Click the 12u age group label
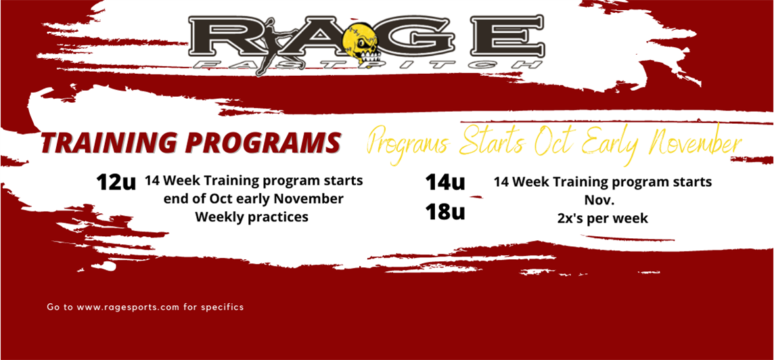tap(116, 183)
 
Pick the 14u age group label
tap(445, 182)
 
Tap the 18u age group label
tap(445, 212)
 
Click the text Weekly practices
tap(252, 217)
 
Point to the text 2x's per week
tap(602, 219)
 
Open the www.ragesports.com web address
tap(128, 307)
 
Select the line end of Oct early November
tap(253, 200)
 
